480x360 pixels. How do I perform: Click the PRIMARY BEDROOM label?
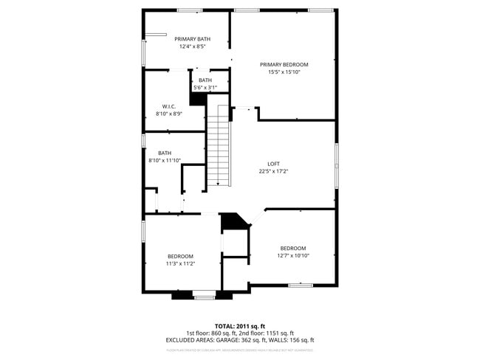(284, 64)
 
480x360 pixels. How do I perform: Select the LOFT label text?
(273, 164)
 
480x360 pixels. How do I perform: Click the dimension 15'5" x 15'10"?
(284, 72)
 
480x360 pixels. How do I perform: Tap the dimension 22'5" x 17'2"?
(273, 171)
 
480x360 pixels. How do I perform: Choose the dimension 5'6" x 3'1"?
(205, 88)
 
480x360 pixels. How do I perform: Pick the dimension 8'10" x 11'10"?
(164, 160)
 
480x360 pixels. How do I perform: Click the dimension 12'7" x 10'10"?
(293, 256)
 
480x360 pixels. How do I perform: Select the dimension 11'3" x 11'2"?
(179, 263)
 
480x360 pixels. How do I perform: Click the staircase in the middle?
(217, 148)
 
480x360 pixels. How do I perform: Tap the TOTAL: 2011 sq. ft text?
(239, 325)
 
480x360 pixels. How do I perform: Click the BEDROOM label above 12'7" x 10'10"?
(293, 248)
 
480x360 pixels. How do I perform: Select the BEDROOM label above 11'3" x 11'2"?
(179, 256)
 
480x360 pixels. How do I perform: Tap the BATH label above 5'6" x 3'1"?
(205, 80)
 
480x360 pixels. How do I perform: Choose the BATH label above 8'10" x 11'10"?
(164, 153)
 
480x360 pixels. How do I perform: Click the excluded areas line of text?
(239, 340)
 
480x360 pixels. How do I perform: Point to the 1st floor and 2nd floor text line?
(239, 333)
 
